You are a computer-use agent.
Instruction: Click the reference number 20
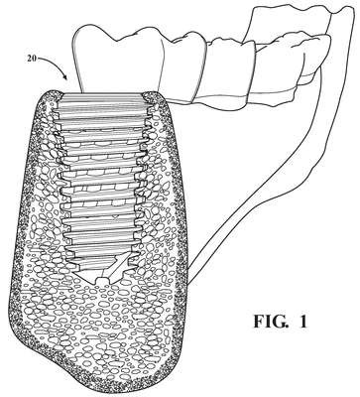[32, 61]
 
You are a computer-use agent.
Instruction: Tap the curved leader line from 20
[53, 64]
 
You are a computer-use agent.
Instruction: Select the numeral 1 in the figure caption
[302, 321]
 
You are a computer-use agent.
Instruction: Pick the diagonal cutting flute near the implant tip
[116, 265]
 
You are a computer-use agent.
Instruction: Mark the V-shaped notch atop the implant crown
[116, 39]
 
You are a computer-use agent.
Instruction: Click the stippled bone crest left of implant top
[52, 96]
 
